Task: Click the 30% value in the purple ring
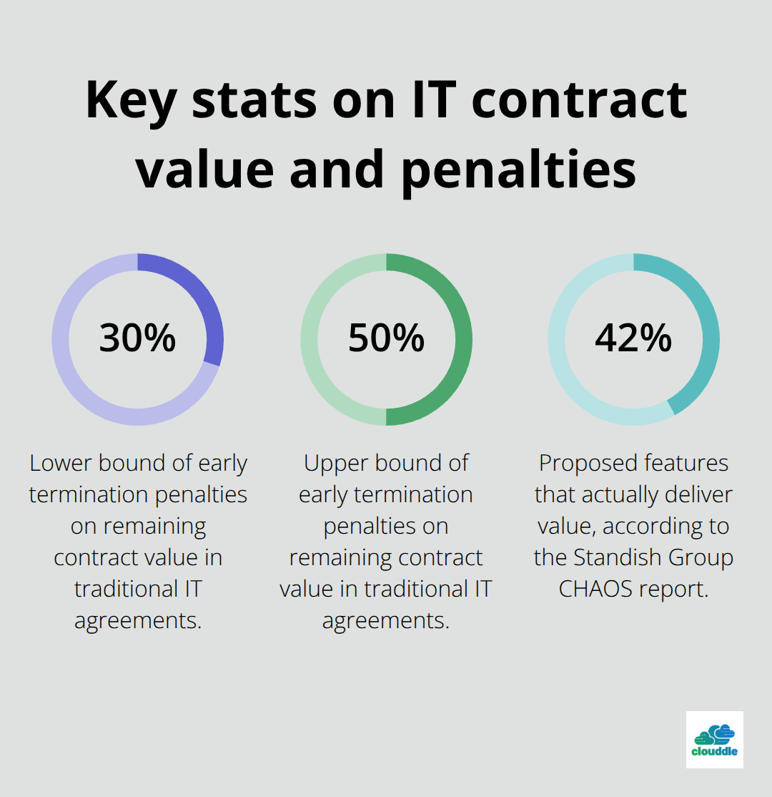(x=137, y=338)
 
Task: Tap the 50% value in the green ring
(x=386, y=338)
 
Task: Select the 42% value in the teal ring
(x=633, y=338)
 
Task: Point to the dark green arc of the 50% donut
(x=462, y=340)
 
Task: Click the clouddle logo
(x=714, y=740)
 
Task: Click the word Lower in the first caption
(x=61, y=464)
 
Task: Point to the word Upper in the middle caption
(x=338, y=464)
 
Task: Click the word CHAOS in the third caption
(x=593, y=590)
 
